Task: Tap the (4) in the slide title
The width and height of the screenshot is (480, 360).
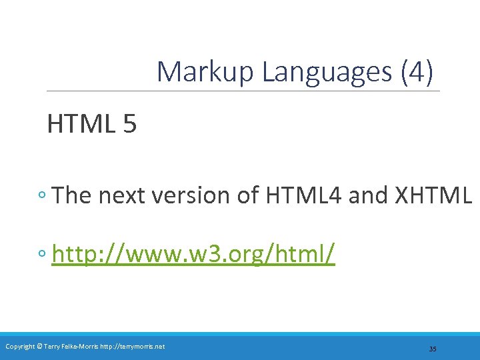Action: click(x=417, y=72)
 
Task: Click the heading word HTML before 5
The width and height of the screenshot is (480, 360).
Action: click(x=81, y=124)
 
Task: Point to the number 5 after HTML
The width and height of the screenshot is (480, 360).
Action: click(x=129, y=124)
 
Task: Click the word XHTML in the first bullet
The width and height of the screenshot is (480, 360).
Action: click(x=433, y=195)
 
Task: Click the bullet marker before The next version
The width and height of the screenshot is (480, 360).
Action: click(x=42, y=196)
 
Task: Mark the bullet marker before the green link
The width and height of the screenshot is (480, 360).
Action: click(x=42, y=254)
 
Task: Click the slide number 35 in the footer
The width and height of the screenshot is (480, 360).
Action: click(x=433, y=349)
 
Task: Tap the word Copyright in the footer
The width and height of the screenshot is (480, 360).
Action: click(x=21, y=346)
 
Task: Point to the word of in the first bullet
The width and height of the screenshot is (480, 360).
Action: click(x=246, y=195)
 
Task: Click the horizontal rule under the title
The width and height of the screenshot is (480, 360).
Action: click(x=243, y=91)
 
